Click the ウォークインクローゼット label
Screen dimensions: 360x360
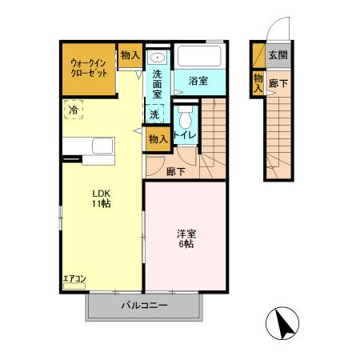[89, 66]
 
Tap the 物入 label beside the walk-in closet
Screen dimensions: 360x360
[130, 55]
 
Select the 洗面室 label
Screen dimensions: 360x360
[158, 84]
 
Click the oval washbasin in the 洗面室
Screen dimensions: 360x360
[157, 58]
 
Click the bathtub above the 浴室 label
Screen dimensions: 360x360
[200, 57]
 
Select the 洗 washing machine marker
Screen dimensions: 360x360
[154, 114]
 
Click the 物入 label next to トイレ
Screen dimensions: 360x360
[158, 138]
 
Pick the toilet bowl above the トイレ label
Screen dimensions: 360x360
[186, 119]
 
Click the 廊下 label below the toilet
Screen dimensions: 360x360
[176, 170]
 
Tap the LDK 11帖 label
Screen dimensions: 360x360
[101, 198]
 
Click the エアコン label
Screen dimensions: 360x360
[74, 279]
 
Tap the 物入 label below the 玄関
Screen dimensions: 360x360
[258, 82]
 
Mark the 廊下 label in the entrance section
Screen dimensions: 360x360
[278, 82]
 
